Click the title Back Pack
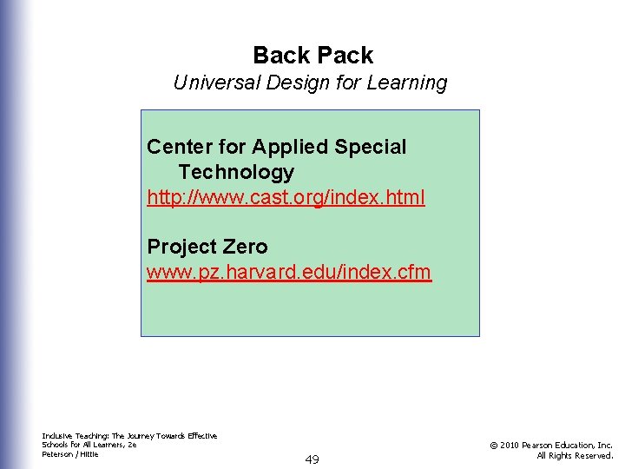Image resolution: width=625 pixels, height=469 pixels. click(312, 56)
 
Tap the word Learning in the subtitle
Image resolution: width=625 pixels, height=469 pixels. click(409, 83)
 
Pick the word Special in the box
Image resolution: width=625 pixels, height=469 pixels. click(372, 147)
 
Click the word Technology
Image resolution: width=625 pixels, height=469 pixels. click(236, 172)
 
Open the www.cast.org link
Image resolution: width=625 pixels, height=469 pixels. click(286, 197)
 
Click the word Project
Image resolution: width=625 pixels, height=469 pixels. click(181, 247)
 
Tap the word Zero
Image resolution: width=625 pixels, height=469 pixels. click(245, 247)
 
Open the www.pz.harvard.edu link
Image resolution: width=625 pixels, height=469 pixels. click(288, 272)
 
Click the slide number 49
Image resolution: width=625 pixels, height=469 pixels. click(312, 459)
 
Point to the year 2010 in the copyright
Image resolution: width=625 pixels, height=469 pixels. click(511, 446)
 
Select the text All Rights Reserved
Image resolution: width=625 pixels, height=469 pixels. click(575, 455)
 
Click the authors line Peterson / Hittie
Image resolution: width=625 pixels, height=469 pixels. click(70, 454)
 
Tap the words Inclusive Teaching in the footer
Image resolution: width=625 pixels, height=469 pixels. click(73, 436)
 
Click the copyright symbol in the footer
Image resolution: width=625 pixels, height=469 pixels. click(492, 446)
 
